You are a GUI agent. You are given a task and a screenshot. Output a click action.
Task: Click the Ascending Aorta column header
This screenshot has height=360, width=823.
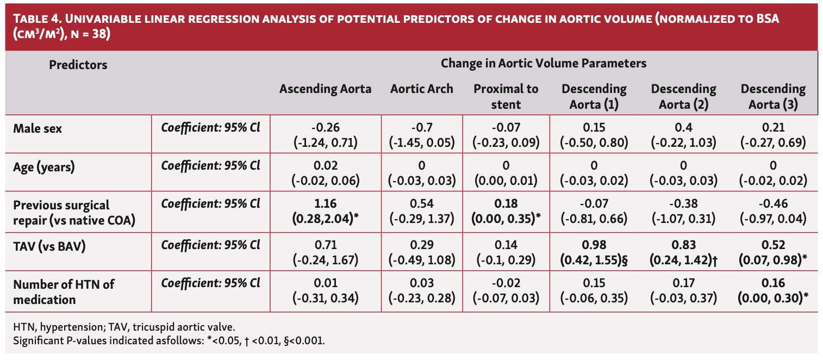coord(325,89)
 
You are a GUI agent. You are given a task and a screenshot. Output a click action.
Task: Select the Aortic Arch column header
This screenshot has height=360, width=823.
coord(421,89)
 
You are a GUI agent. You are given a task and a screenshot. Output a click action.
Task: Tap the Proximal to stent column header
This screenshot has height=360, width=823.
coord(506,96)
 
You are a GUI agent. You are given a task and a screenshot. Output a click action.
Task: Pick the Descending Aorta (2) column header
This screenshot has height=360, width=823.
coord(683,96)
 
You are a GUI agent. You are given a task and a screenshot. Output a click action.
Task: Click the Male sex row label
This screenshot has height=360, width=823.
coord(38,129)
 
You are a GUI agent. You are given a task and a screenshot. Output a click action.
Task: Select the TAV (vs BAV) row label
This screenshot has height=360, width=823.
coord(49,246)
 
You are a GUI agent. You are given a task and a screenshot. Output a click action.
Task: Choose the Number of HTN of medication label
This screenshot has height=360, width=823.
coord(64,291)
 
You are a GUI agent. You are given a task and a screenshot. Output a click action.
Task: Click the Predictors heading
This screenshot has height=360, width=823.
coord(78,65)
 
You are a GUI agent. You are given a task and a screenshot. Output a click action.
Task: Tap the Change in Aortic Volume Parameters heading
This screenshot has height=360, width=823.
coord(543,63)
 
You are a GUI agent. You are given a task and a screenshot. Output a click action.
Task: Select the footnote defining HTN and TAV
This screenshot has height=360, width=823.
coord(124,327)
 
